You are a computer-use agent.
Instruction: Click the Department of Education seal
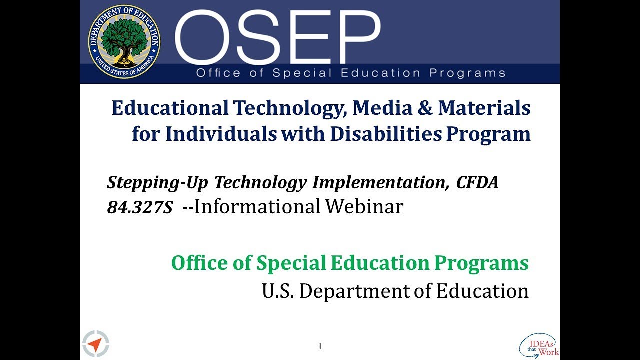[124, 42]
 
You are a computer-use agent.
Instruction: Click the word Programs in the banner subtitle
[467, 73]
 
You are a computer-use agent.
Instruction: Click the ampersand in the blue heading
[425, 108]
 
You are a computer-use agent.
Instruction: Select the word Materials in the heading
[484, 108]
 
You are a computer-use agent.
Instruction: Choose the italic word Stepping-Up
[158, 183]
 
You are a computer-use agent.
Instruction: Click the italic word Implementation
[379, 183]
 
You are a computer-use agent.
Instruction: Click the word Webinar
[364, 206]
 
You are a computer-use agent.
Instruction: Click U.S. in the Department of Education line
[278, 291]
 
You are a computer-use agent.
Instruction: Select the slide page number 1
[320, 347]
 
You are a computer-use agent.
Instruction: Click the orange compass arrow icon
[96, 343]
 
